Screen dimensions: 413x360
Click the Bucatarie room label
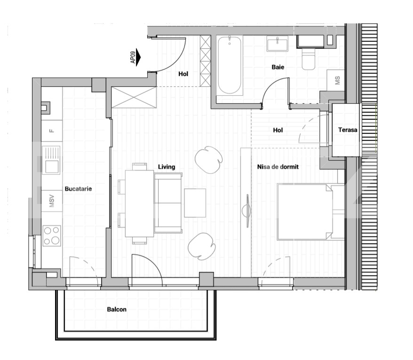[x=78, y=188]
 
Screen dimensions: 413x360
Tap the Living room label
[x=167, y=167]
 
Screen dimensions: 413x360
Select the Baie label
[x=278, y=67]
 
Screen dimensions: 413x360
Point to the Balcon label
[x=117, y=309]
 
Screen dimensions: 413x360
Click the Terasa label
[x=348, y=130]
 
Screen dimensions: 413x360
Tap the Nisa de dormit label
[x=278, y=167]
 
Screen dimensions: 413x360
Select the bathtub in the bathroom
[x=230, y=65]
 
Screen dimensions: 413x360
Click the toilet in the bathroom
[x=309, y=59]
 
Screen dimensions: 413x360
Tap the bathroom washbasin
[x=278, y=44]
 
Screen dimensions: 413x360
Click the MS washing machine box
[x=336, y=80]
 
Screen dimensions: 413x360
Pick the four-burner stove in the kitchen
[x=52, y=236]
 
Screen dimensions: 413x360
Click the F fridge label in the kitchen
[x=52, y=131]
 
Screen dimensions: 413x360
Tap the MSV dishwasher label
[x=52, y=201]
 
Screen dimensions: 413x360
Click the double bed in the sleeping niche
[x=311, y=212]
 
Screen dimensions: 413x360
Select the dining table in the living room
[x=139, y=203]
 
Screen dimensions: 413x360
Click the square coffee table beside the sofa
[x=195, y=203]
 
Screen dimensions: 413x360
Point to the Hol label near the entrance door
[x=183, y=74]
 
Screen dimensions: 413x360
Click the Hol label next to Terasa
[x=278, y=130]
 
